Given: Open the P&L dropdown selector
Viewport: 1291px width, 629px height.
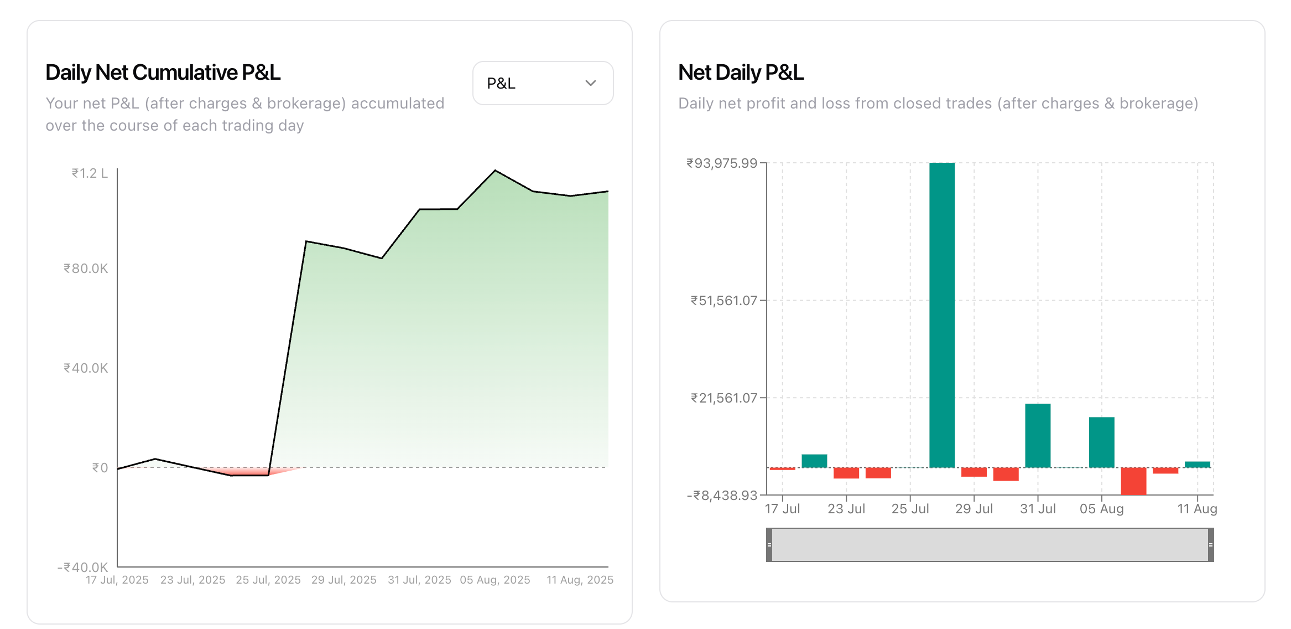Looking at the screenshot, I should pos(543,83).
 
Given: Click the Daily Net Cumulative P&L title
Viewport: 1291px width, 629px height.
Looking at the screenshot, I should pos(163,73).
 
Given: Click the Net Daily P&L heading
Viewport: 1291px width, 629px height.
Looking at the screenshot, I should pos(741,73).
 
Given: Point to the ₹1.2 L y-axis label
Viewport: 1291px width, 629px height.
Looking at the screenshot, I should pos(89,173).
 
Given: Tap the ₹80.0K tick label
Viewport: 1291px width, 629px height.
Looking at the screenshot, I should pos(86,269).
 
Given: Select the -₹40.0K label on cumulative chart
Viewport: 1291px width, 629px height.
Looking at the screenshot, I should pos(83,567).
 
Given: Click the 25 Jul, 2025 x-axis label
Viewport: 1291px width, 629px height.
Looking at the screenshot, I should pos(268,580).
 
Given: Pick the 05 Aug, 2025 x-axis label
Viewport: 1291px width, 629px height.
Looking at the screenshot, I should pos(495,580).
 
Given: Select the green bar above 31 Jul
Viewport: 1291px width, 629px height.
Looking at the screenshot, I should pos(1038,436).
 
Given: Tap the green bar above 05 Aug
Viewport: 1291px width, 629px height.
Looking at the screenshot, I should pos(1101,442).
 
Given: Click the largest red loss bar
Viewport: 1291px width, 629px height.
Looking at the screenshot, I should pos(1133,481).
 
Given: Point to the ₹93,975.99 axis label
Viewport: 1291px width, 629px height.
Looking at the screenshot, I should pos(722,163).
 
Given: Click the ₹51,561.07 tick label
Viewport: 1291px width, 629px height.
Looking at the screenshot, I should pos(723,301).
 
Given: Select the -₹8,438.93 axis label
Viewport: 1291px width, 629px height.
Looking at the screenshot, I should pos(722,496).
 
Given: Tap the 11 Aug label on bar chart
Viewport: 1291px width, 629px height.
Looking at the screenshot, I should pos(1197,509).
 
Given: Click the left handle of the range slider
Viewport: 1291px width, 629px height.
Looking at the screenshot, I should pos(769,545).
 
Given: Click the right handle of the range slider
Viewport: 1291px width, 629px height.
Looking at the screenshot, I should pos(1211,545).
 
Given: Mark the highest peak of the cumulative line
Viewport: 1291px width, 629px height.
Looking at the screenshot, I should pos(495,171).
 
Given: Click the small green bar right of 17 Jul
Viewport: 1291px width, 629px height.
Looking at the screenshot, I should pos(814,461).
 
